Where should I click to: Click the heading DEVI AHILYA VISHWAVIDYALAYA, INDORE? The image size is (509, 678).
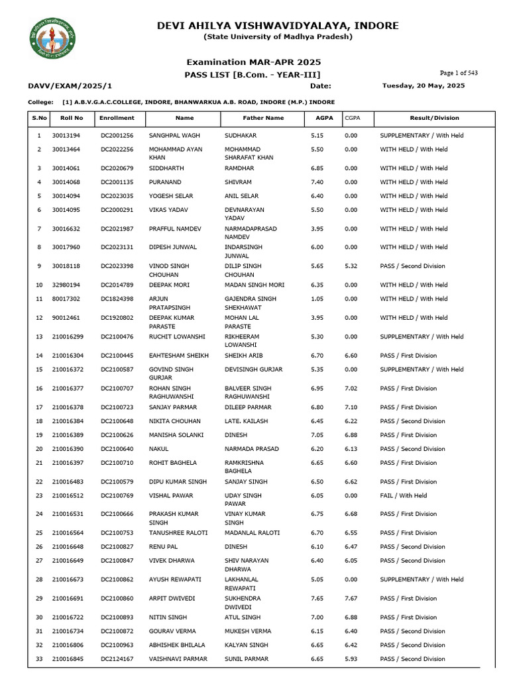coord(278,26)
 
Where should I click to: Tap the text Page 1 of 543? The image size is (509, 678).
coord(459,73)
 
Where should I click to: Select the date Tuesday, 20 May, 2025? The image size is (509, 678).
coord(424,86)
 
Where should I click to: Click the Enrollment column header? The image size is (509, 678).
coord(117,118)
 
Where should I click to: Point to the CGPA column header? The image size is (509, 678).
coord(352,118)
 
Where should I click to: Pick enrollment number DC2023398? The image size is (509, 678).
coord(117,266)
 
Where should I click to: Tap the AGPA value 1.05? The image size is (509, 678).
coord(317,299)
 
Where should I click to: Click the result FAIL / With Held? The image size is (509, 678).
coord(403,495)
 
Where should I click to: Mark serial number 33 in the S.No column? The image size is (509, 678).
coord(38,659)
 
